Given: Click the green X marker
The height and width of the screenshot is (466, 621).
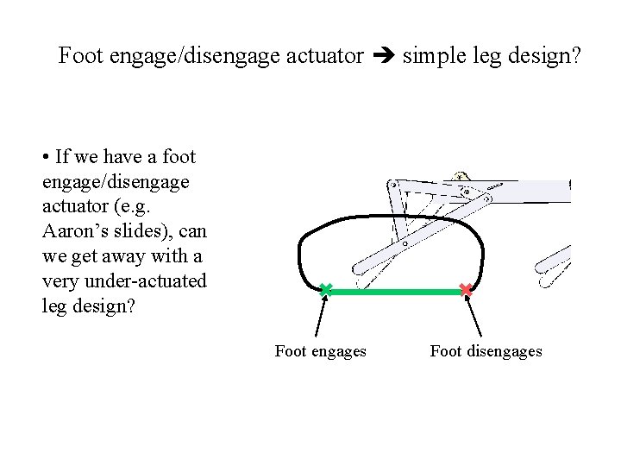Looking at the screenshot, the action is click(325, 291).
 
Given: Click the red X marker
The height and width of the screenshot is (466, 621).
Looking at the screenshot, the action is click(466, 291).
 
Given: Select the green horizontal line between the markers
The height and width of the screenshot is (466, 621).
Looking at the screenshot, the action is click(395, 293).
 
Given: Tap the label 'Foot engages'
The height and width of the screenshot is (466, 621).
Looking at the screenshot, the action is click(320, 351).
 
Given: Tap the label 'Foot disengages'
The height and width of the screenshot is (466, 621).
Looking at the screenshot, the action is click(486, 351).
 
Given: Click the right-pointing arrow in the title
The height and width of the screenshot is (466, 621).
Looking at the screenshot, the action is click(383, 57).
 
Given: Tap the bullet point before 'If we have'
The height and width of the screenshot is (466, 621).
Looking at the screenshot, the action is click(45, 158).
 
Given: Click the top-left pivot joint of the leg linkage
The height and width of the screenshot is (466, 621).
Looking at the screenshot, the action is click(392, 184).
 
